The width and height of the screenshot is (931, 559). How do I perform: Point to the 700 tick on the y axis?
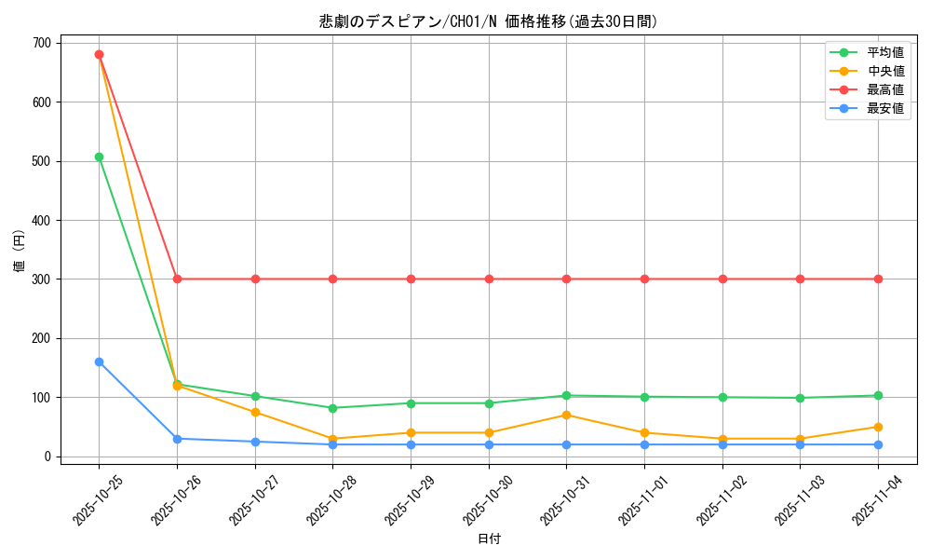pos(42,43)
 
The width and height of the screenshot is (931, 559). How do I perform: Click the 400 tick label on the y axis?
pos(42,220)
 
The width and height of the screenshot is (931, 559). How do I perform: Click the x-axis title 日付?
pos(489,539)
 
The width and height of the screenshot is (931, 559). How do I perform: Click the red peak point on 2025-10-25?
pos(99,54)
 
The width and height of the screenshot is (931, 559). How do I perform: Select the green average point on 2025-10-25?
pos(99,157)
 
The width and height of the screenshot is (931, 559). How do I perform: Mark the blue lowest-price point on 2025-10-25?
pos(99,361)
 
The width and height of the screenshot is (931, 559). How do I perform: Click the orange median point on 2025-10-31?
pos(566,415)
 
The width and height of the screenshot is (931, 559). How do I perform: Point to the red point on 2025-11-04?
pos(878,279)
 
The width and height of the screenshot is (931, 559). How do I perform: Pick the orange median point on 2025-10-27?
pos(255,412)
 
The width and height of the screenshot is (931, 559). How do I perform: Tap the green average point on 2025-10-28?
pos(332,408)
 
